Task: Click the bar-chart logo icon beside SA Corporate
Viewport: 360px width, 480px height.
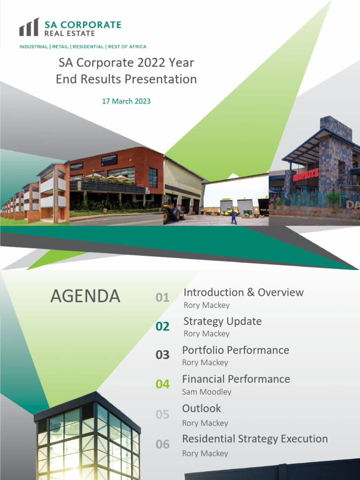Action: [x=29, y=28]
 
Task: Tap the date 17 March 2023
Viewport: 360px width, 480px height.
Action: [x=126, y=101]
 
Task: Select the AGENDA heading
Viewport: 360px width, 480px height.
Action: [x=85, y=296]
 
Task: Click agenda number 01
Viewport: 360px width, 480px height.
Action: [x=162, y=298]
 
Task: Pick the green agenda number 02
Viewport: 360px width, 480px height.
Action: [x=162, y=327]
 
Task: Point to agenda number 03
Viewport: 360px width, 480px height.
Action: [x=162, y=355]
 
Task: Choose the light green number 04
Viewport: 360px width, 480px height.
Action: [x=162, y=384]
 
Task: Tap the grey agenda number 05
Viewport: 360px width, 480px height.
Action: [x=162, y=414]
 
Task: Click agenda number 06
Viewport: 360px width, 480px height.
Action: [x=162, y=444]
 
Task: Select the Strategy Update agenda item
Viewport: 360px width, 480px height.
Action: [x=222, y=321]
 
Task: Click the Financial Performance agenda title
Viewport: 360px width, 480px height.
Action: [x=236, y=379]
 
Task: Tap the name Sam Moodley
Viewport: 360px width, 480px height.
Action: [x=206, y=392]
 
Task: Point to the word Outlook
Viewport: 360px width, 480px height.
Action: [x=201, y=408]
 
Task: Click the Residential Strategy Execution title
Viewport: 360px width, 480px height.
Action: [x=255, y=439]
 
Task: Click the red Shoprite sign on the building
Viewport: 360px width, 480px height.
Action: [x=306, y=176]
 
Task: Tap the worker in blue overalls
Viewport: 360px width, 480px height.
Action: [x=233, y=217]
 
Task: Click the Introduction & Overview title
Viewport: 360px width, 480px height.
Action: [x=243, y=292]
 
